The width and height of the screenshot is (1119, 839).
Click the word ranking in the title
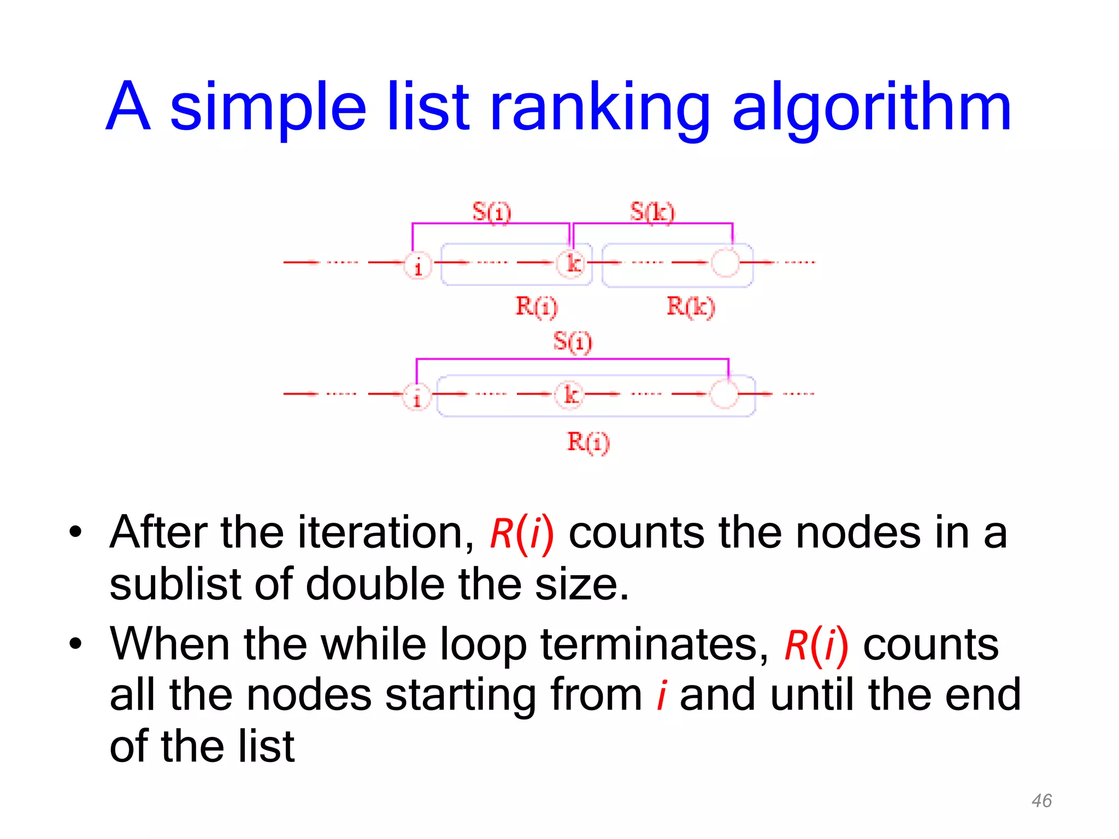599,109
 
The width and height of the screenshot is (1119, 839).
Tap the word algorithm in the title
871,109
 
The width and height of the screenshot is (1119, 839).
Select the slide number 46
1041,801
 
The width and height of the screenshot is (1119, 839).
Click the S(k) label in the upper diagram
652,212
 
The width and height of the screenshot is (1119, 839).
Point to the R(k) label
691,306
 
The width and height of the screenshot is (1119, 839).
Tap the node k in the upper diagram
572,264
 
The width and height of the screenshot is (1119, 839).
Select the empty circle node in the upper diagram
726,263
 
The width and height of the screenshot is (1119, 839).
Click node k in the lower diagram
570,395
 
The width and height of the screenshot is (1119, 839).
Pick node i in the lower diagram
417,397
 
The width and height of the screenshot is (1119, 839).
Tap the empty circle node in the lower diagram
725,394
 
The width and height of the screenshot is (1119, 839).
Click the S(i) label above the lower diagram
572,342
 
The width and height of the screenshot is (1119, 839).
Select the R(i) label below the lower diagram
588,442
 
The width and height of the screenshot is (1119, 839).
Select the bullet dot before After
75,532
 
